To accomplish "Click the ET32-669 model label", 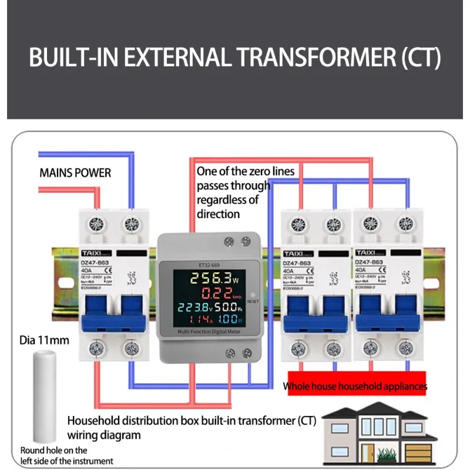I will pyautogui.click(x=202, y=264).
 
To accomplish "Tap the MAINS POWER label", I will pyautogui.click(x=75, y=173).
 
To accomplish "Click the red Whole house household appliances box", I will pyautogui.click(x=355, y=386).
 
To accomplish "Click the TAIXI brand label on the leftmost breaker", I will pyautogui.click(x=90, y=250).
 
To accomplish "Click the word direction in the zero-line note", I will pyautogui.click(x=218, y=214).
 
